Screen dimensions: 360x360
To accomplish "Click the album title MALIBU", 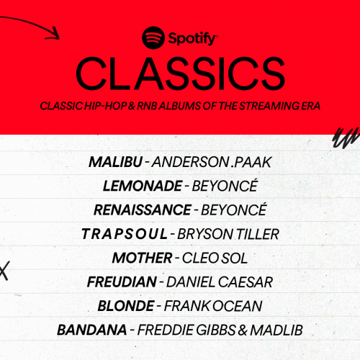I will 115,161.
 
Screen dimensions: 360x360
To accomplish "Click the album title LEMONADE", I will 142,186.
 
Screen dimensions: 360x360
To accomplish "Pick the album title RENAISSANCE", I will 142,210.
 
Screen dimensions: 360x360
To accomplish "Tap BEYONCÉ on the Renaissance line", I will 234,210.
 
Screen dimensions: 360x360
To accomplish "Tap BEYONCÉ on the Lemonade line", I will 224,186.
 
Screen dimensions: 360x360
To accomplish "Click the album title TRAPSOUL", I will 124,235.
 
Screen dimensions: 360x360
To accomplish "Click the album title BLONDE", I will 125,306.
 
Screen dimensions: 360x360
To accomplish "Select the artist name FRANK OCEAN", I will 212,306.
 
